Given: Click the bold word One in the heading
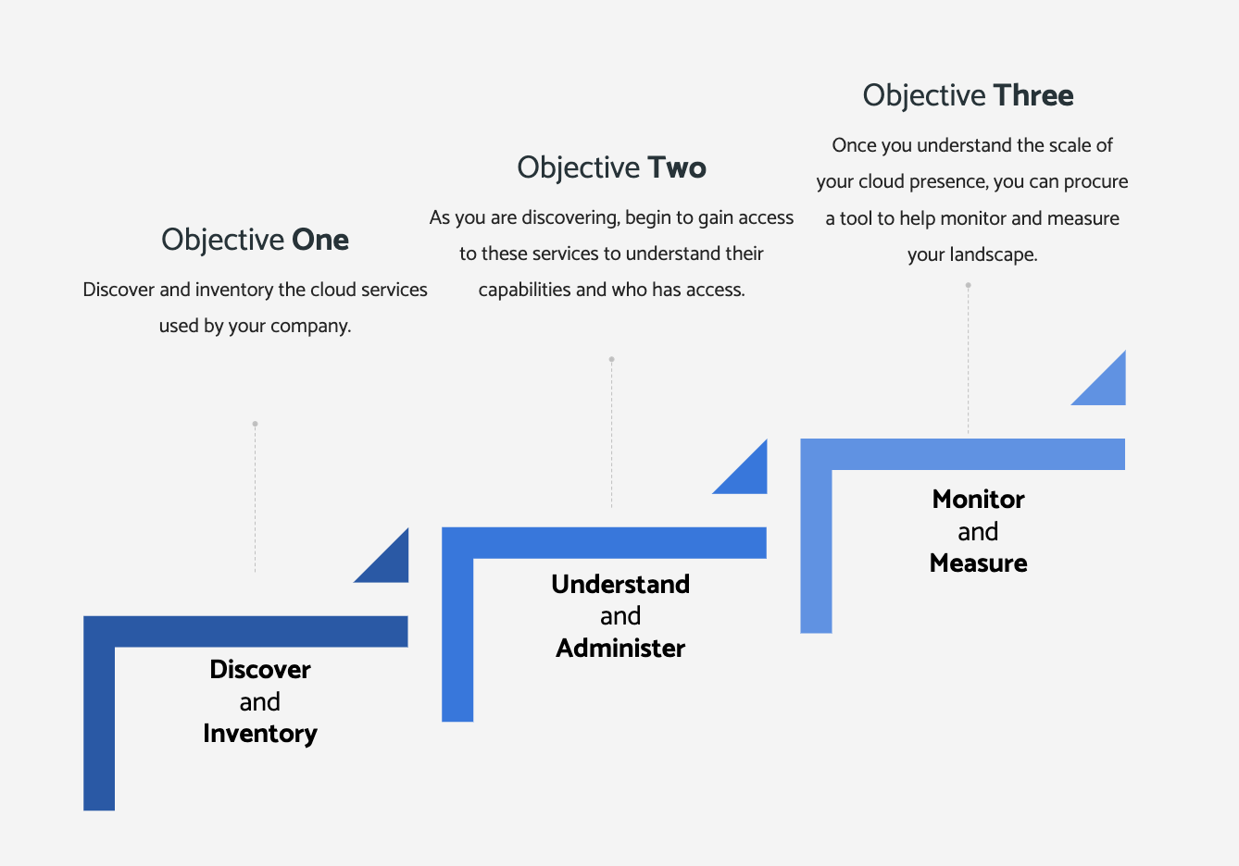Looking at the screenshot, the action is (320, 240).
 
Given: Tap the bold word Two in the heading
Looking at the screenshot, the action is (677, 167).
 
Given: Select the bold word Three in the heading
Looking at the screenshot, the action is (1033, 95).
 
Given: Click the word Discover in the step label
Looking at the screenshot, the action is (260, 670).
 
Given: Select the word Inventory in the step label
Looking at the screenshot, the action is (260, 734).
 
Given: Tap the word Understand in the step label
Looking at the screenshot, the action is (620, 584).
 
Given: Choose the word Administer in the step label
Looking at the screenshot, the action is (620, 649).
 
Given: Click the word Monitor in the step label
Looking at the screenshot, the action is (979, 499).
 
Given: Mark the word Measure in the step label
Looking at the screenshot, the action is (979, 563).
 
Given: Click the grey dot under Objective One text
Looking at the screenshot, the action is (255, 424).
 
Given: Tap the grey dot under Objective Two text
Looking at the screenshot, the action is (612, 359).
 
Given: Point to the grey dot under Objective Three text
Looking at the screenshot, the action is (968, 285).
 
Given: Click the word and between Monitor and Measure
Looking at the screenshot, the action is (978, 532).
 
